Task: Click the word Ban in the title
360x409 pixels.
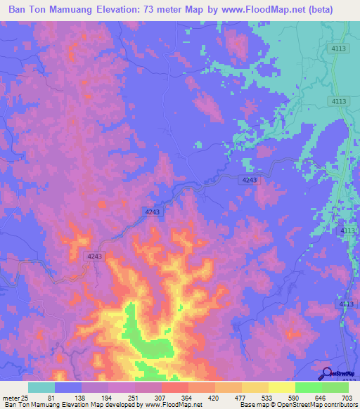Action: [20, 10]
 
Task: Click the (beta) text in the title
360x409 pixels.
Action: [334, 10]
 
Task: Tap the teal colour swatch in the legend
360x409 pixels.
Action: [41, 387]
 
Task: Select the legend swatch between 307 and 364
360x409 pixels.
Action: [175, 387]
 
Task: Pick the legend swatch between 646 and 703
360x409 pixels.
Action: [335, 387]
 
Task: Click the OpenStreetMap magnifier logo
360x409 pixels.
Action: [327, 373]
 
